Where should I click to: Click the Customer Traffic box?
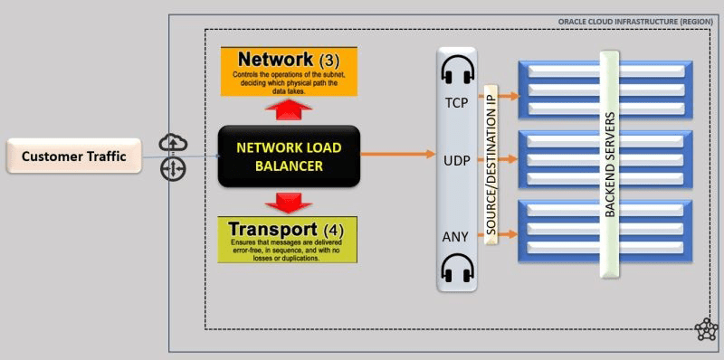73,156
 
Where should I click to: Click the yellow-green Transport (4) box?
287,240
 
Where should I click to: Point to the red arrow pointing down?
289,201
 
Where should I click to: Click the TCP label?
456,102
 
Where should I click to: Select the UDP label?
456,159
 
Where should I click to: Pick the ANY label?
456,237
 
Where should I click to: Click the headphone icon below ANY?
457,269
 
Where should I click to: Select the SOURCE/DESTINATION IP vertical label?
491,163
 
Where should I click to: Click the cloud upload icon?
172,143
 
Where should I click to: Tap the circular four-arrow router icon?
172,169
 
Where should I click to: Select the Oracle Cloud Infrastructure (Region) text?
635,21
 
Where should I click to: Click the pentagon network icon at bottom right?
706,329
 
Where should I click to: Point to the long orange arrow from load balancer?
398,154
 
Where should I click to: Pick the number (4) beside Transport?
335,230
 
